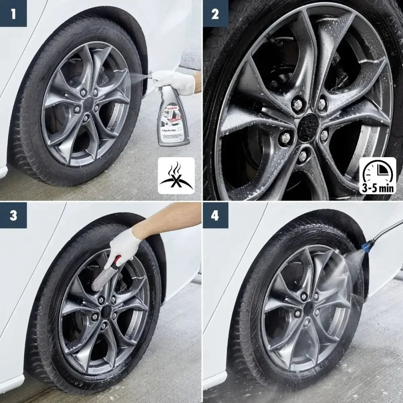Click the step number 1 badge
(13, 14)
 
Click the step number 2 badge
(215, 14)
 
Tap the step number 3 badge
(13, 215)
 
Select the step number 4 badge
(215, 215)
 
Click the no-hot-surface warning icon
(176, 176)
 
